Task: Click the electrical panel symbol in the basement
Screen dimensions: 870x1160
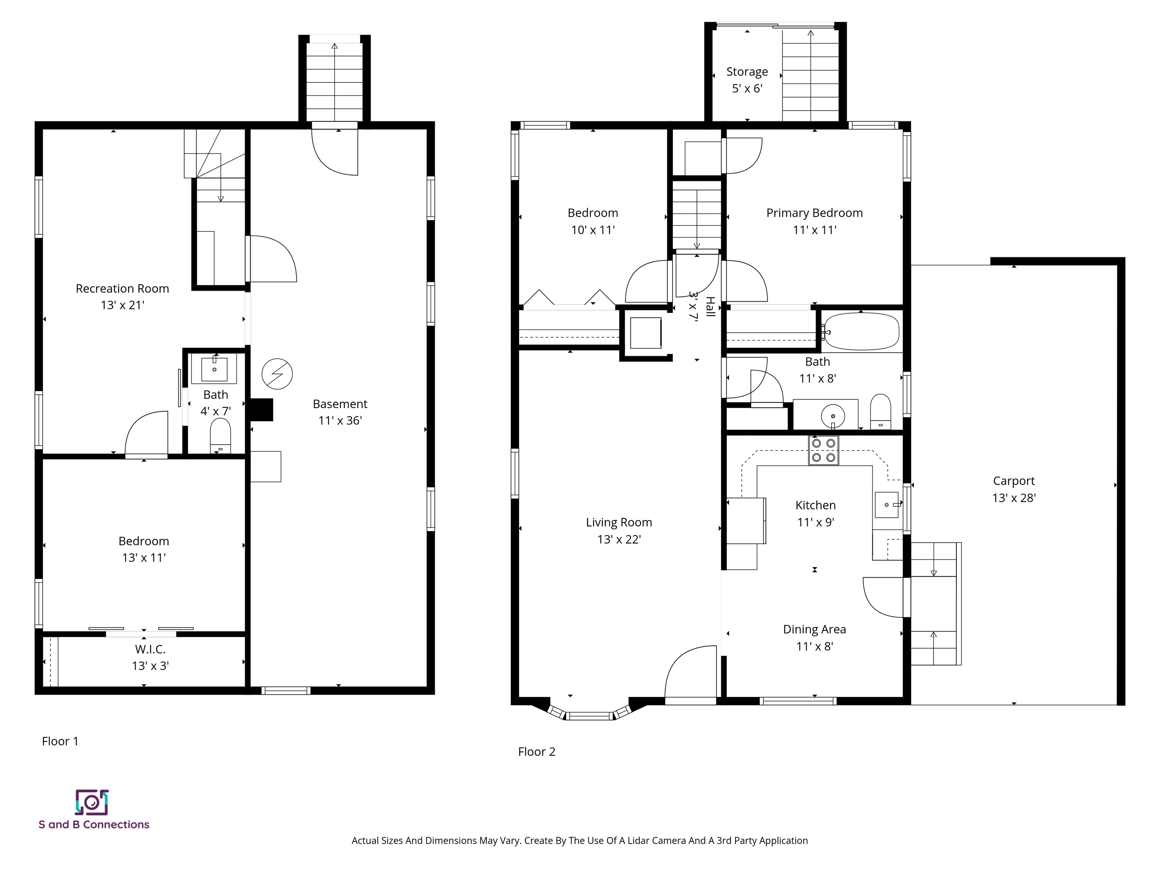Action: [x=277, y=374]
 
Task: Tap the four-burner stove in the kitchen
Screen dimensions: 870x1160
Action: [x=823, y=450]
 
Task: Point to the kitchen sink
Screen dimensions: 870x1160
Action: [x=887, y=504]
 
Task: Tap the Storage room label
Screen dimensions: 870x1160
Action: [x=747, y=72]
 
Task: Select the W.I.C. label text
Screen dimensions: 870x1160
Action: [x=150, y=649]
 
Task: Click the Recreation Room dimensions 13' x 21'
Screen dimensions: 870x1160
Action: [x=122, y=305]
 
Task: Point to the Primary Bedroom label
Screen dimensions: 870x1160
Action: [x=814, y=213]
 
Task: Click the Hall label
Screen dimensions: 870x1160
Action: [x=710, y=307]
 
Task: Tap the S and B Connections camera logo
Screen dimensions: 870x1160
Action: [x=92, y=802]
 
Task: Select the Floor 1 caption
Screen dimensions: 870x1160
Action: [x=60, y=741]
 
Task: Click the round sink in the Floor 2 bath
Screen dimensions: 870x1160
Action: [x=832, y=416]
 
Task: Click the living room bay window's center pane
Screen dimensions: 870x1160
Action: [x=589, y=716]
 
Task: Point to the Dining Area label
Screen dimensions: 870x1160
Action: [x=814, y=629]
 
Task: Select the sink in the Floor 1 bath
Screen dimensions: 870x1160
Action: [x=214, y=369]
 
